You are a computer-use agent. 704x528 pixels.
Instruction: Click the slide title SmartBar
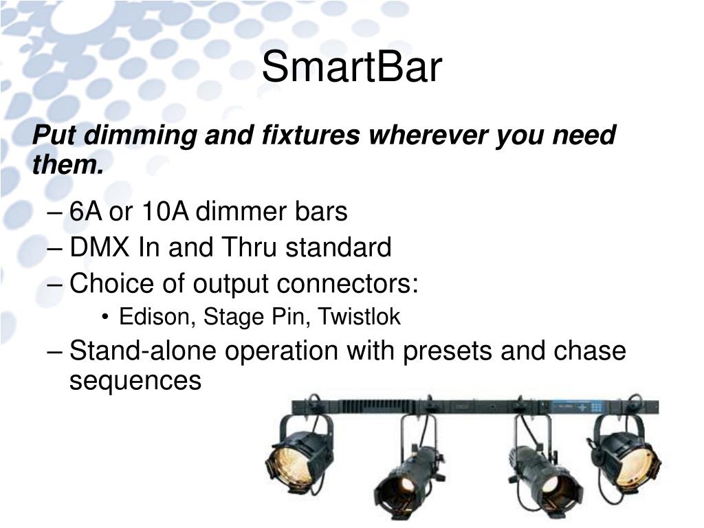pyautogui.click(x=351, y=67)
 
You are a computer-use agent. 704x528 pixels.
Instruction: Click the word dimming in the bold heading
pyautogui.click(x=140, y=135)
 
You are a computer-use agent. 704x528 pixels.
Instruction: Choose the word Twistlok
pyautogui.click(x=359, y=316)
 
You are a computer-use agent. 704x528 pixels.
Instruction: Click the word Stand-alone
pyautogui.click(x=143, y=350)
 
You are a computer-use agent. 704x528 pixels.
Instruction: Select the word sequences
pyautogui.click(x=135, y=381)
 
